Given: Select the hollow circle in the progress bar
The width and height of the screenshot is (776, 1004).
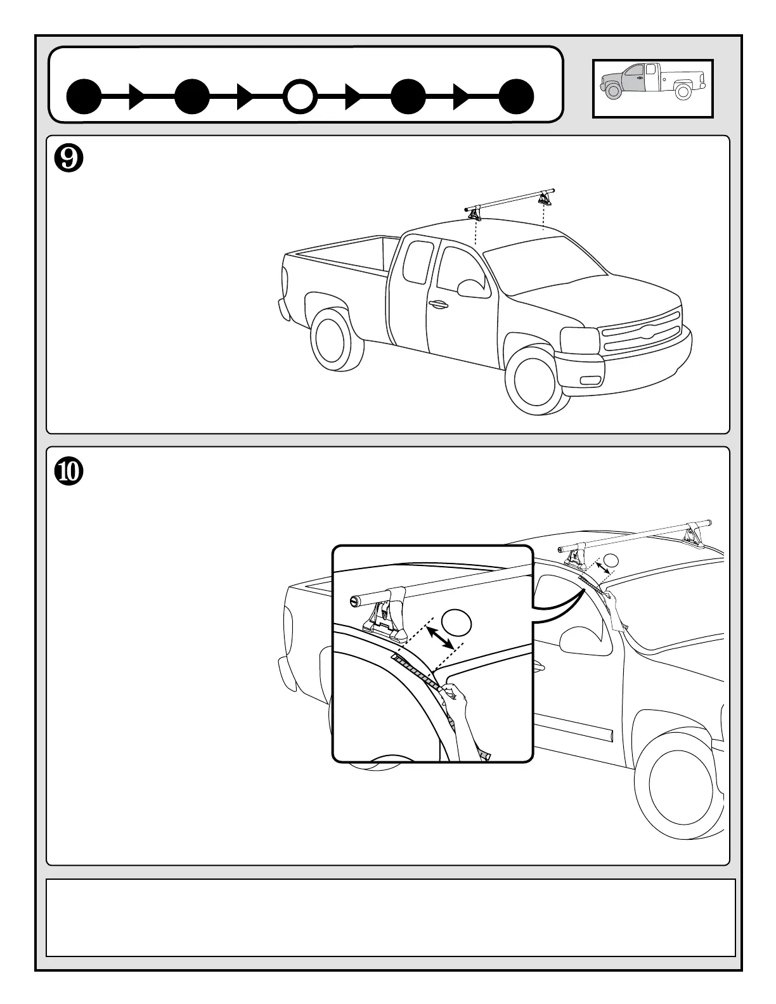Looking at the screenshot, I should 300,97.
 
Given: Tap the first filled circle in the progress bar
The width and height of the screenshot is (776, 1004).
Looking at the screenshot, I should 84,97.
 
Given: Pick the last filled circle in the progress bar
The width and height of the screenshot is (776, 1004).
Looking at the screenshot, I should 516,97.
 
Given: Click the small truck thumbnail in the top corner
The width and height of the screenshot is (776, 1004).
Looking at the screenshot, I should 652,89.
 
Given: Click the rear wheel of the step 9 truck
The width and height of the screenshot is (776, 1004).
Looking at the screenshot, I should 335,344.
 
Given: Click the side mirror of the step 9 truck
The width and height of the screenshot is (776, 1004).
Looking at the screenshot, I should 470,287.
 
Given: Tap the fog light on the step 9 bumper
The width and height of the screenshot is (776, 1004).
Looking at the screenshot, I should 590,380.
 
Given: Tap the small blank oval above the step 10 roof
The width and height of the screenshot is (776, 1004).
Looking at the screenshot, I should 611,560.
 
